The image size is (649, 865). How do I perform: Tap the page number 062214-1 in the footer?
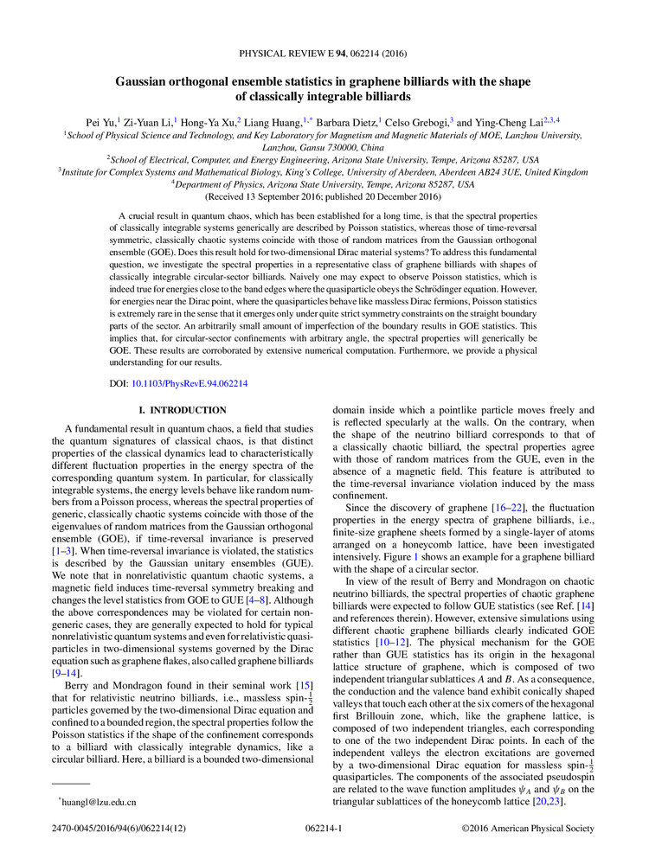(324, 829)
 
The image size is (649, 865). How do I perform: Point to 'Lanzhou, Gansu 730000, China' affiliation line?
(324, 147)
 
